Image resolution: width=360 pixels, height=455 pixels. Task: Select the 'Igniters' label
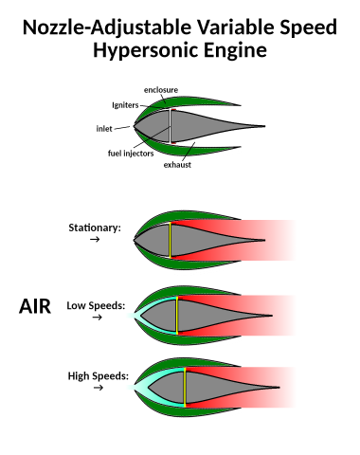pyautogui.click(x=127, y=106)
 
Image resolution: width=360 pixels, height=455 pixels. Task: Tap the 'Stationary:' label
pyautogui.click(x=95, y=227)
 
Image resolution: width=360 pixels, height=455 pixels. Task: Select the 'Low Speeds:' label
pyautogui.click(x=95, y=305)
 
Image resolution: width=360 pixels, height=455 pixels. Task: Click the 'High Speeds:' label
pyautogui.click(x=97, y=376)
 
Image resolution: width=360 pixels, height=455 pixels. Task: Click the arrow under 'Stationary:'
pyautogui.click(x=94, y=241)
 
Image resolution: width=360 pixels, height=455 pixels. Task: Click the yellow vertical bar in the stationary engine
pyautogui.click(x=170, y=239)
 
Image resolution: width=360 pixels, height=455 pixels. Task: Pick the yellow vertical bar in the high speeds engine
pyautogui.click(x=185, y=387)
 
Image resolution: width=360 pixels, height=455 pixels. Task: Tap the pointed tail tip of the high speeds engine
pyautogui.click(x=279, y=388)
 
